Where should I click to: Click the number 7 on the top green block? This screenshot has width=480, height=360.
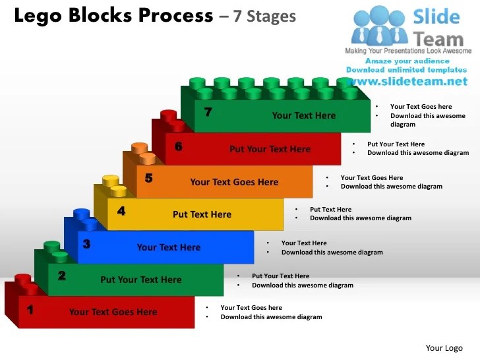(208, 113)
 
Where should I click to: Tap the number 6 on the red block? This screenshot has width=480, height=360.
(178, 146)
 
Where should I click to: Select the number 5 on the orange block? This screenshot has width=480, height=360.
(149, 178)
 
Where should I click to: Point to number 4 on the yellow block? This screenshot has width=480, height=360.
(121, 212)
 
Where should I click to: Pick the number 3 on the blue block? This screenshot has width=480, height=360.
(86, 244)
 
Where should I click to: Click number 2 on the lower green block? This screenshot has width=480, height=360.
(61, 276)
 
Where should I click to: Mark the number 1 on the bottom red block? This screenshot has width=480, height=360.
(30, 309)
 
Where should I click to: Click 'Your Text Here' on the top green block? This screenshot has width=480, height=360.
(303, 115)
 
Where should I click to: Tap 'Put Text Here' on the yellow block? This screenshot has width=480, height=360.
(202, 214)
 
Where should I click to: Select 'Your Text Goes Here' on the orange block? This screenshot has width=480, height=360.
(234, 182)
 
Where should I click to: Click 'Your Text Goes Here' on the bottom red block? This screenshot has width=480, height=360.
(113, 312)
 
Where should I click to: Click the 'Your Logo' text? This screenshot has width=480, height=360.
(444, 348)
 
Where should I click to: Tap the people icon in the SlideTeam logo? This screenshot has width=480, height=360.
(378, 26)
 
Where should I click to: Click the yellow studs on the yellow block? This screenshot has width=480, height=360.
(114, 186)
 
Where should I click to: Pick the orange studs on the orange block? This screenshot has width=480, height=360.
(142, 153)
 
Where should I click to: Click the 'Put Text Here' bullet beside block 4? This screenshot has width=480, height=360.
(330, 210)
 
